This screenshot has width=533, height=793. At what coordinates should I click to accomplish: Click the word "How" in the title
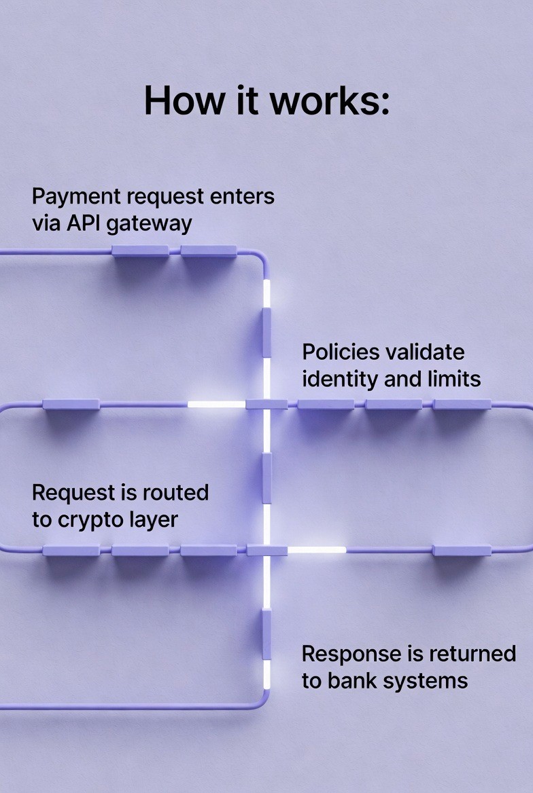point(175,100)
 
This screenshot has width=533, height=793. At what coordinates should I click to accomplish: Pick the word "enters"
point(242,197)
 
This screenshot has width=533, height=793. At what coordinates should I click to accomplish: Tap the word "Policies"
point(340,352)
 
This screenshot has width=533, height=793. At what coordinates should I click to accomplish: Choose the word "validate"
point(425,352)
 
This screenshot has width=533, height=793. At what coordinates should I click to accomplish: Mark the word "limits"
point(451,378)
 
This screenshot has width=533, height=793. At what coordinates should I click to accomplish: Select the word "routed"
point(178,492)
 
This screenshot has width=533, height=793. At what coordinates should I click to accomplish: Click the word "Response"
point(351,654)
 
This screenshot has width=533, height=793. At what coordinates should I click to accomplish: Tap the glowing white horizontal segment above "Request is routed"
point(216,405)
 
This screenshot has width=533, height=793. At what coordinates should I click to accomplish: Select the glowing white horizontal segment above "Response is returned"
point(317,549)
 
